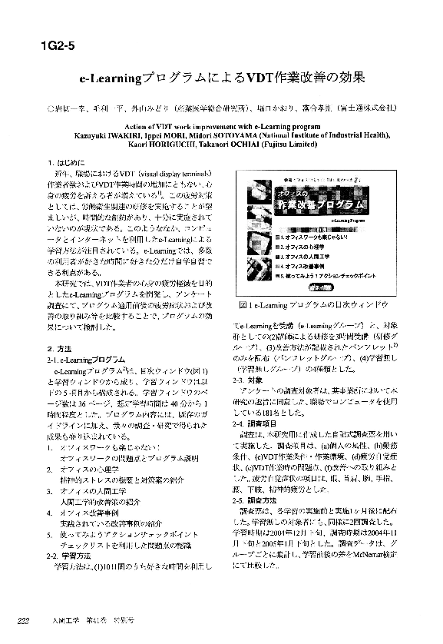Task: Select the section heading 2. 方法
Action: pos(61,350)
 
